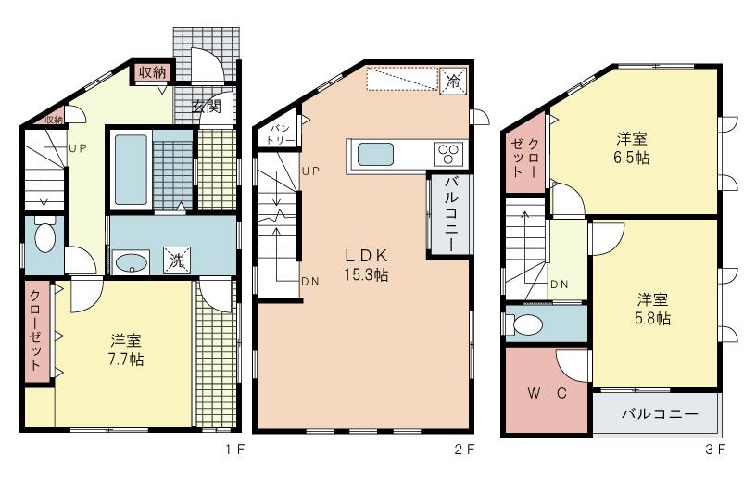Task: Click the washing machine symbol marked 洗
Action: (x=176, y=260)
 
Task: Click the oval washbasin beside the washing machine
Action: (x=132, y=260)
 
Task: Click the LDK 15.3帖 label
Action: (x=366, y=264)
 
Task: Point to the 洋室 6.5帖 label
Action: (x=633, y=148)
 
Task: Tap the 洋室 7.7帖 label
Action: (x=126, y=349)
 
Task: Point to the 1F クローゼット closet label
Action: (x=35, y=331)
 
